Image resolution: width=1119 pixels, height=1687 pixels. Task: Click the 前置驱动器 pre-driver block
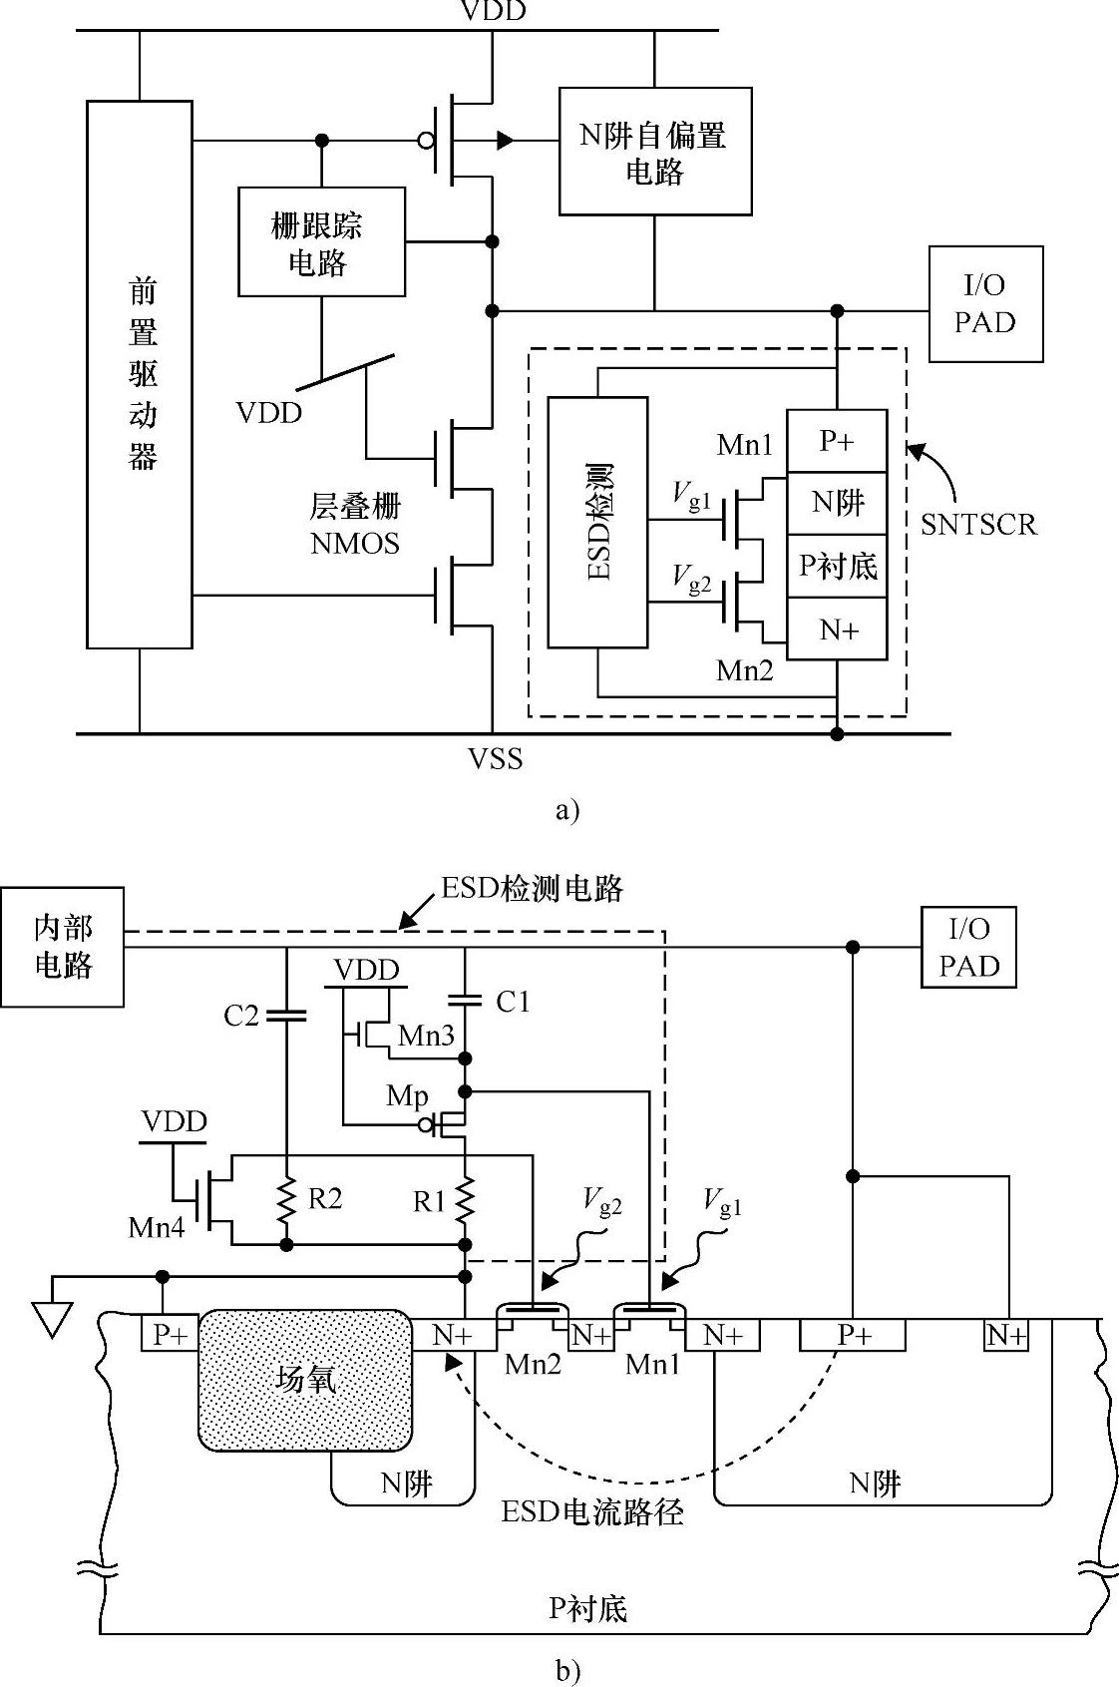pos(140,374)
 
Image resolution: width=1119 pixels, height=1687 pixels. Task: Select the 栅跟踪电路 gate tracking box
pos(321,241)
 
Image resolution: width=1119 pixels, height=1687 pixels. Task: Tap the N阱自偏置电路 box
pos(654,152)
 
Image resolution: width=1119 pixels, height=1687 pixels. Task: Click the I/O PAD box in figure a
pos(985,304)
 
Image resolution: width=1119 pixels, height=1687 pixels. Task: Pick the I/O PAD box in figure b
pos(968,947)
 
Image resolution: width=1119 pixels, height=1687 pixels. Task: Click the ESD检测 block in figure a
pos(597,523)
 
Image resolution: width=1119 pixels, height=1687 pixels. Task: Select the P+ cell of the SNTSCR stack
pos(837,441)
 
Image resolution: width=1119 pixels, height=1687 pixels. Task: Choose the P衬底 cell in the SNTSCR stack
pos(837,566)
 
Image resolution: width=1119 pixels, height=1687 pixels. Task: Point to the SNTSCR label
pos(978,525)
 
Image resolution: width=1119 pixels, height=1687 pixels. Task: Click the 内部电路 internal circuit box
pos(62,947)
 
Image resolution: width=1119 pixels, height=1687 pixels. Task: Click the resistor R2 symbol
pos(287,1200)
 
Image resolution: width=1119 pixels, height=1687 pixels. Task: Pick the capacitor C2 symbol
pos(287,1016)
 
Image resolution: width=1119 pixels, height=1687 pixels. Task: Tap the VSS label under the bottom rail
pos(496,759)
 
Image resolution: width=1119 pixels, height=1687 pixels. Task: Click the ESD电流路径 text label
pos(592,1512)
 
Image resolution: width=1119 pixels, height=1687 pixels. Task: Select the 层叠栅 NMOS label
pos(355,525)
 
